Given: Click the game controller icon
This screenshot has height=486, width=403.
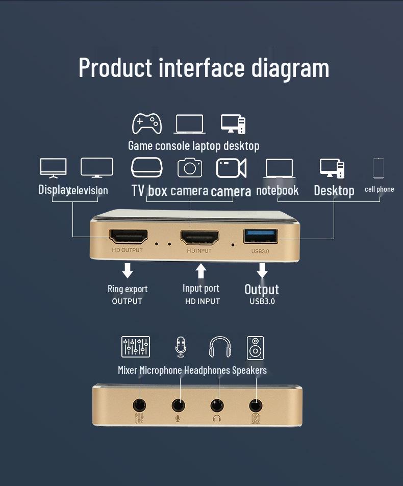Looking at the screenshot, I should click(147, 124).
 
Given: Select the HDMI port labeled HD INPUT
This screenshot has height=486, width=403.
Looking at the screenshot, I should click(199, 237).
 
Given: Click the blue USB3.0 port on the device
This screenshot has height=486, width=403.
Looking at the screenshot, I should click(261, 236).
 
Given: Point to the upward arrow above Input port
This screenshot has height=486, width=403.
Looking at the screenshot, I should click(202, 270).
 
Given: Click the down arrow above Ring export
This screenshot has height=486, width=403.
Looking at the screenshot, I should click(128, 270).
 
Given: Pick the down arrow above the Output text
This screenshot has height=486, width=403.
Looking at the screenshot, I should click(262, 270).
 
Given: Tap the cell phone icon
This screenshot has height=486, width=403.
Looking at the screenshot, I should click(378, 168).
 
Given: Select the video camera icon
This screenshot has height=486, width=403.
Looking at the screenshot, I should click(232, 168).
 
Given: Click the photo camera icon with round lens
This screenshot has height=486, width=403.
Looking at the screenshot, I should click(190, 168).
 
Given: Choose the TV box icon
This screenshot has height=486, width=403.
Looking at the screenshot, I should click(147, 167).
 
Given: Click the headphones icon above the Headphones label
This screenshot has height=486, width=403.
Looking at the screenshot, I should click(220, 347).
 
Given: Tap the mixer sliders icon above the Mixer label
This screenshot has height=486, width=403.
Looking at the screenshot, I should click(136, 347).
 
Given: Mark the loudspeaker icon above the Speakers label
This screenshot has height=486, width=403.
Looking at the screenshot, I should click(255, 347).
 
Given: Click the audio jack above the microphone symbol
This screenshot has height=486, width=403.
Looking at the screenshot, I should click(178, 405).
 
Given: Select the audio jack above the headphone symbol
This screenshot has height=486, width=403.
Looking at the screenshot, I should click(217, 406).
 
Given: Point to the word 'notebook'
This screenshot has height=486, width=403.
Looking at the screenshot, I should click(277, 190).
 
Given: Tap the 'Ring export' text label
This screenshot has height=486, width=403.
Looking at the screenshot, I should click(128, 289).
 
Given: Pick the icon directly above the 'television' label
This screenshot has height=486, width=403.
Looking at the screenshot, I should click(97, 168).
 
